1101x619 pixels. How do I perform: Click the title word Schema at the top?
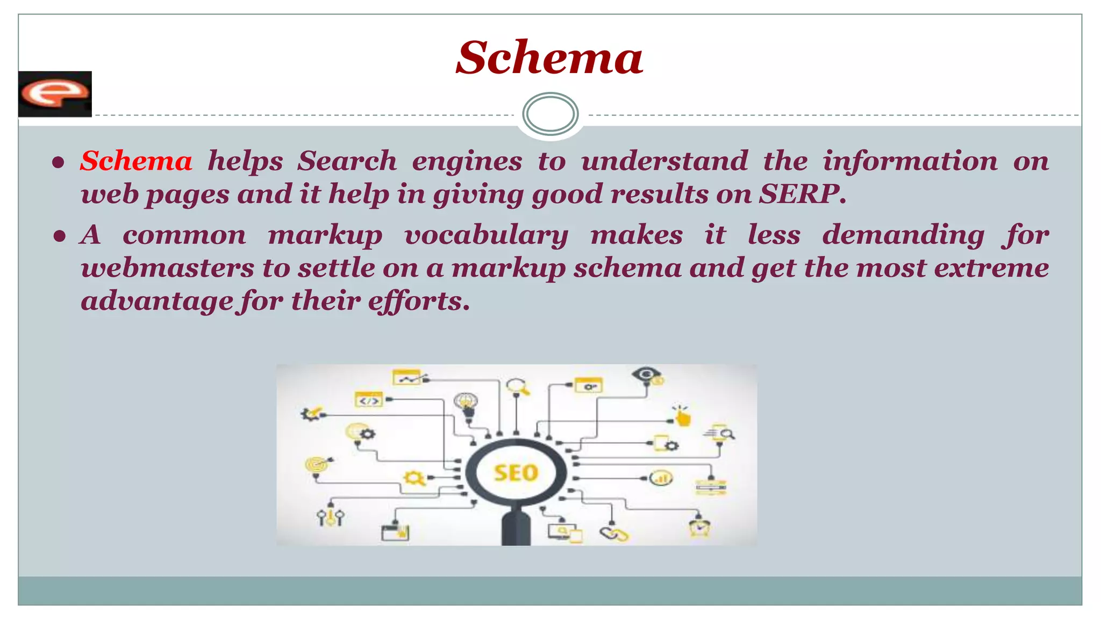coord(549,57)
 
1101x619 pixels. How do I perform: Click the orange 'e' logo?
coord(54,93)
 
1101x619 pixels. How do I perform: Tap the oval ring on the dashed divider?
coord(550,114)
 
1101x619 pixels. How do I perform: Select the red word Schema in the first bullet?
coord(136,161)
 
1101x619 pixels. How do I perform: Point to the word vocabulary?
coord(486,236)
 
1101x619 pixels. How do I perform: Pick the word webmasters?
coord(167,268)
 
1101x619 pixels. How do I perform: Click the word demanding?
coord(903,236)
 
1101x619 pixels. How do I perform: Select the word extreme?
coord(991,268)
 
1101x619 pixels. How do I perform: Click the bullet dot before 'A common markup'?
coord(59,236)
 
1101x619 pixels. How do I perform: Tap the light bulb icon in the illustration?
coord(466,404)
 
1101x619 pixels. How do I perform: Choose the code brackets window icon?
coord(369,400)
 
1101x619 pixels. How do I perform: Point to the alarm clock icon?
coord(699,526)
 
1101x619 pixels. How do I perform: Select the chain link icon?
coord(614,534)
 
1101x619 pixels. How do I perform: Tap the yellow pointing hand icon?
coord(682,416)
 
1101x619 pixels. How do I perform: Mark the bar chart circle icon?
coord(661,478)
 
